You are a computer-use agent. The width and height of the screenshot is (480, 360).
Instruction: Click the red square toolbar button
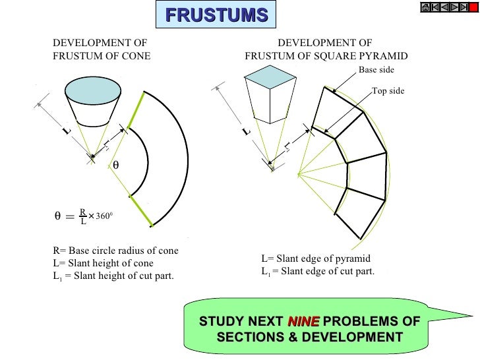click(473, 7)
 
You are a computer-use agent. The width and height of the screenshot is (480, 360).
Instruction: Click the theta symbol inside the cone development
click(116, 165)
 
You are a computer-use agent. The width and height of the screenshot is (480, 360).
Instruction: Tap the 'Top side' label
click(388, 91)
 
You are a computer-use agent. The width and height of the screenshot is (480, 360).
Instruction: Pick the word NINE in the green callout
click(304, 322)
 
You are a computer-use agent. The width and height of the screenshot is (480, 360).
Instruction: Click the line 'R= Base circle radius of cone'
click(115, 251)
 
